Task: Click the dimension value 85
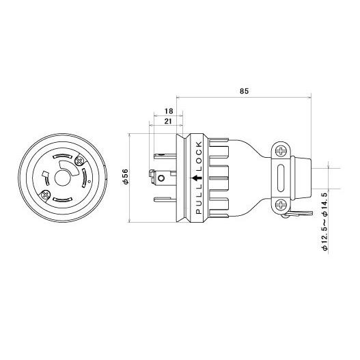click(244, 91)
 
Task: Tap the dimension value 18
click(169, 111)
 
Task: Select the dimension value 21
click(168, 121)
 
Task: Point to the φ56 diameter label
click(126, 176)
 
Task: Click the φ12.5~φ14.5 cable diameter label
click(325, 222)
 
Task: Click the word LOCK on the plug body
click(199, 156)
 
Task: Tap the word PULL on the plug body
click(199, 199)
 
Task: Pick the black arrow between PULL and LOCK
click(197, 178)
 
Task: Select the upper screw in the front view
click(80, 161)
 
